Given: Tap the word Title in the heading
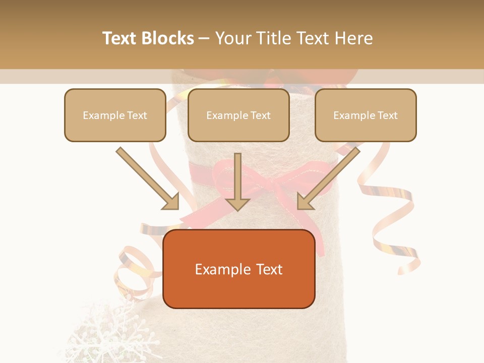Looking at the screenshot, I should coord(276,38).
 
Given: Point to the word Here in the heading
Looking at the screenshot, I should coord(355,38).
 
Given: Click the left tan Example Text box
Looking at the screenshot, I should coord(115,115).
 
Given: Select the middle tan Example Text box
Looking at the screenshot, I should coord(238,115).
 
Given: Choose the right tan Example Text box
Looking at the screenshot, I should coord(366,115).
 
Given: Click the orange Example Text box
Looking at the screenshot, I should coord(238,269).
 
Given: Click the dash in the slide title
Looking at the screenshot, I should coord(204,38).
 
